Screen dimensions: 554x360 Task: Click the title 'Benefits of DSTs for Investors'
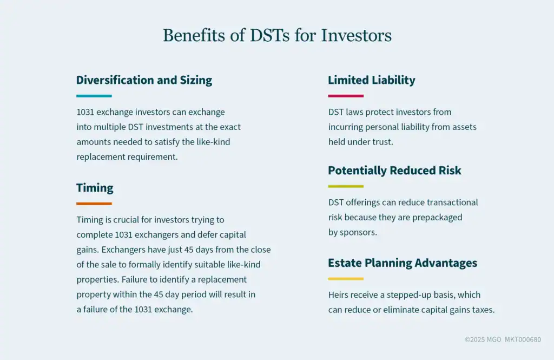pos(277,35)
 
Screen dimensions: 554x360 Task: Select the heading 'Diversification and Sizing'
pos(144,80)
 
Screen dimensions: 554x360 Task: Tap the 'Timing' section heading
pos(95,188)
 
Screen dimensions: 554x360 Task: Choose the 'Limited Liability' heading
pos(371,80)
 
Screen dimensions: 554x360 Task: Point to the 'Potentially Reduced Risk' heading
pos(394,171)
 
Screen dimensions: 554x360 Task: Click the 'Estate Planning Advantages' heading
pos(403,263)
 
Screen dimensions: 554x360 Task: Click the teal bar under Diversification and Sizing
pos(94,96)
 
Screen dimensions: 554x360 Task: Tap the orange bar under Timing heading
pos(94,204)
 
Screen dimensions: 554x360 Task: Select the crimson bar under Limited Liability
pos(346,96)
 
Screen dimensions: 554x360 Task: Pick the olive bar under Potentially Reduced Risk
pos(346,186)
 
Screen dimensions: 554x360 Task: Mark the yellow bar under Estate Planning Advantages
pos(346,279)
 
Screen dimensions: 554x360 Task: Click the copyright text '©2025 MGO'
pos(483,339)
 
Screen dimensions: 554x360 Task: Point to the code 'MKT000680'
pos(523,339)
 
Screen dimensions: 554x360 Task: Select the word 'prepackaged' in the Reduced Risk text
pos(437,217)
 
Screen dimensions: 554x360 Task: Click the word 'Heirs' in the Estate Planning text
pos(337,295)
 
